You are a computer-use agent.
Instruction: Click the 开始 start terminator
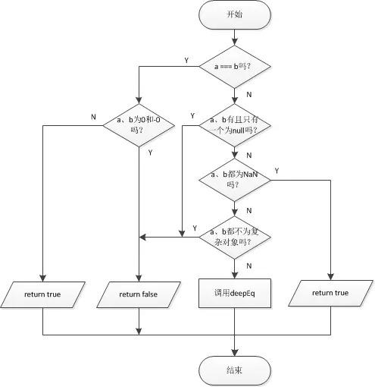pos(235,14)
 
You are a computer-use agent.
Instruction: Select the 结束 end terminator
pos(235,370)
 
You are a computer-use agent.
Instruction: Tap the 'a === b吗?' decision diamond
pos(235,67)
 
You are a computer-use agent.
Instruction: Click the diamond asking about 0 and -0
pos(139,125)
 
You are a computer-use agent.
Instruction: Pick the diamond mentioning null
pos(235,125)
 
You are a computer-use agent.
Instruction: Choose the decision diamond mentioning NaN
pos(235,180)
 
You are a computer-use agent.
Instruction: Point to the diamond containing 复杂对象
pos(235,238)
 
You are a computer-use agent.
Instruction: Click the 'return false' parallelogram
pos(139,294)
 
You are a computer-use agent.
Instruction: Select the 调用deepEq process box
pos(235,294)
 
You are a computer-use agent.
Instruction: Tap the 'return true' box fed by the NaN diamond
pos(330,293)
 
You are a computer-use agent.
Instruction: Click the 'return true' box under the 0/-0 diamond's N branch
pos(42,294)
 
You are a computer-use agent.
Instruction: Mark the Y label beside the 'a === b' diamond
pos(186,61)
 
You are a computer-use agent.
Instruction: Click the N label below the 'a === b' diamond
pos(249,95)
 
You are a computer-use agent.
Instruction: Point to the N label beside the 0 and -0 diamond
pos(93,117)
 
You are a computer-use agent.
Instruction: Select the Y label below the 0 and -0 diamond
pos(150,153)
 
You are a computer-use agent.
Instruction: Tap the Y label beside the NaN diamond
pos(277,171)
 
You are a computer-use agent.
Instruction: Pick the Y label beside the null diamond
pos(192,116)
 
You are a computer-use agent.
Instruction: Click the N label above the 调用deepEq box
pos(249,266)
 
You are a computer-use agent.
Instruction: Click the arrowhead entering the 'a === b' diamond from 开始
pos(235,42)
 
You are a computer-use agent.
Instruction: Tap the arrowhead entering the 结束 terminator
pos(235,353)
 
